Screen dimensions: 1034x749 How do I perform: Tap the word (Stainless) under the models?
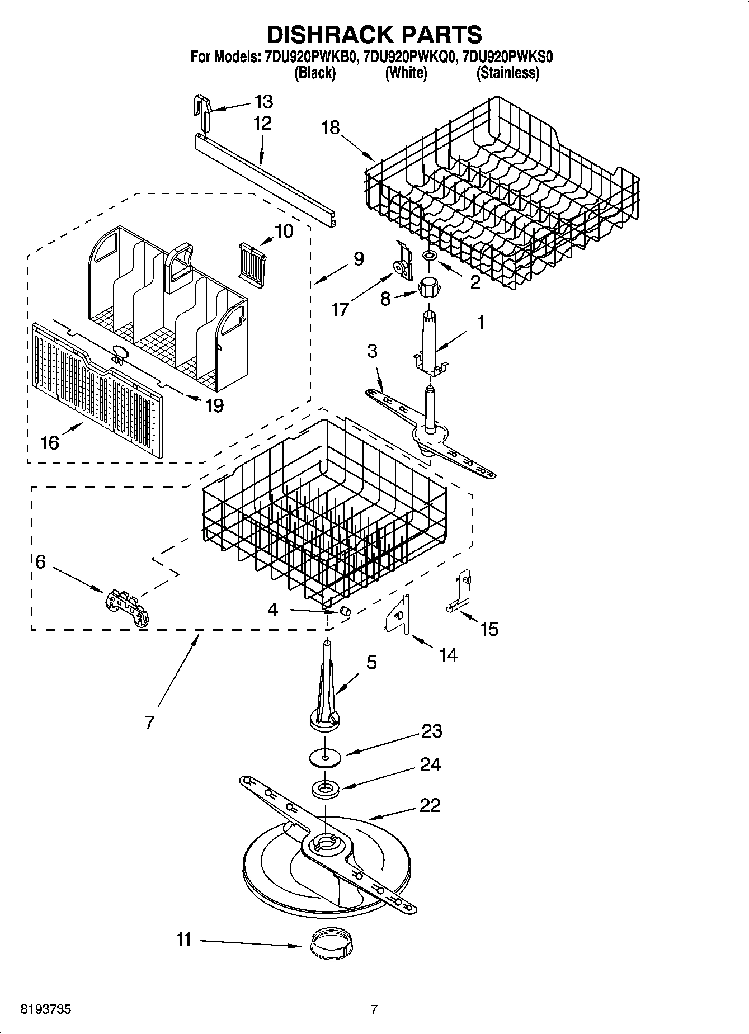point(507,73)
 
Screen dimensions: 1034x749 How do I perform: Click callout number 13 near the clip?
point(263,102)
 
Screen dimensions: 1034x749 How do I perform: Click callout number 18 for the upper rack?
point(331,128)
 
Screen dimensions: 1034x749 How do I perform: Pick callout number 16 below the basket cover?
point(50,442)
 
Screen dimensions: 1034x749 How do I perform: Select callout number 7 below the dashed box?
point(149,723)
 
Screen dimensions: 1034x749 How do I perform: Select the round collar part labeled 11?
point(330,945)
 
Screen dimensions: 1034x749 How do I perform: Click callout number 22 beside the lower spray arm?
point(430,805)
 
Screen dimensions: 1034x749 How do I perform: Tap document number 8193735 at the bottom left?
point(46,1009)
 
